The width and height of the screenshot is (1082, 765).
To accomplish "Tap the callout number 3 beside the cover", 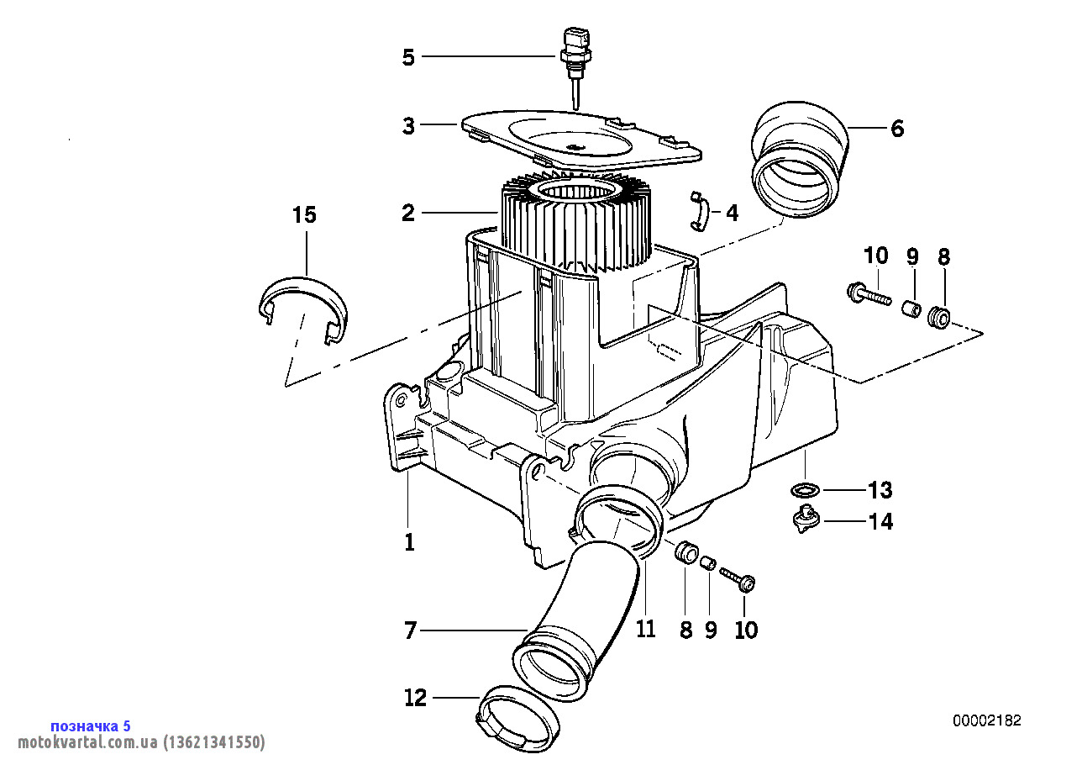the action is (408, 125).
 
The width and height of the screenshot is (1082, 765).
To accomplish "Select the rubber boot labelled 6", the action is (801, 160).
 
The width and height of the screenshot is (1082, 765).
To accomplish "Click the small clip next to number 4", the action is (700, 211).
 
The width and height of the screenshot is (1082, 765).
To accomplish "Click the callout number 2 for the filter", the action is (408, 214).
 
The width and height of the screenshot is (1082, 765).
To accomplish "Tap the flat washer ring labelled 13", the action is (806, 490).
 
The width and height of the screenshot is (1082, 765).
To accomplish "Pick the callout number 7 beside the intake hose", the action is (410, 630).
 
